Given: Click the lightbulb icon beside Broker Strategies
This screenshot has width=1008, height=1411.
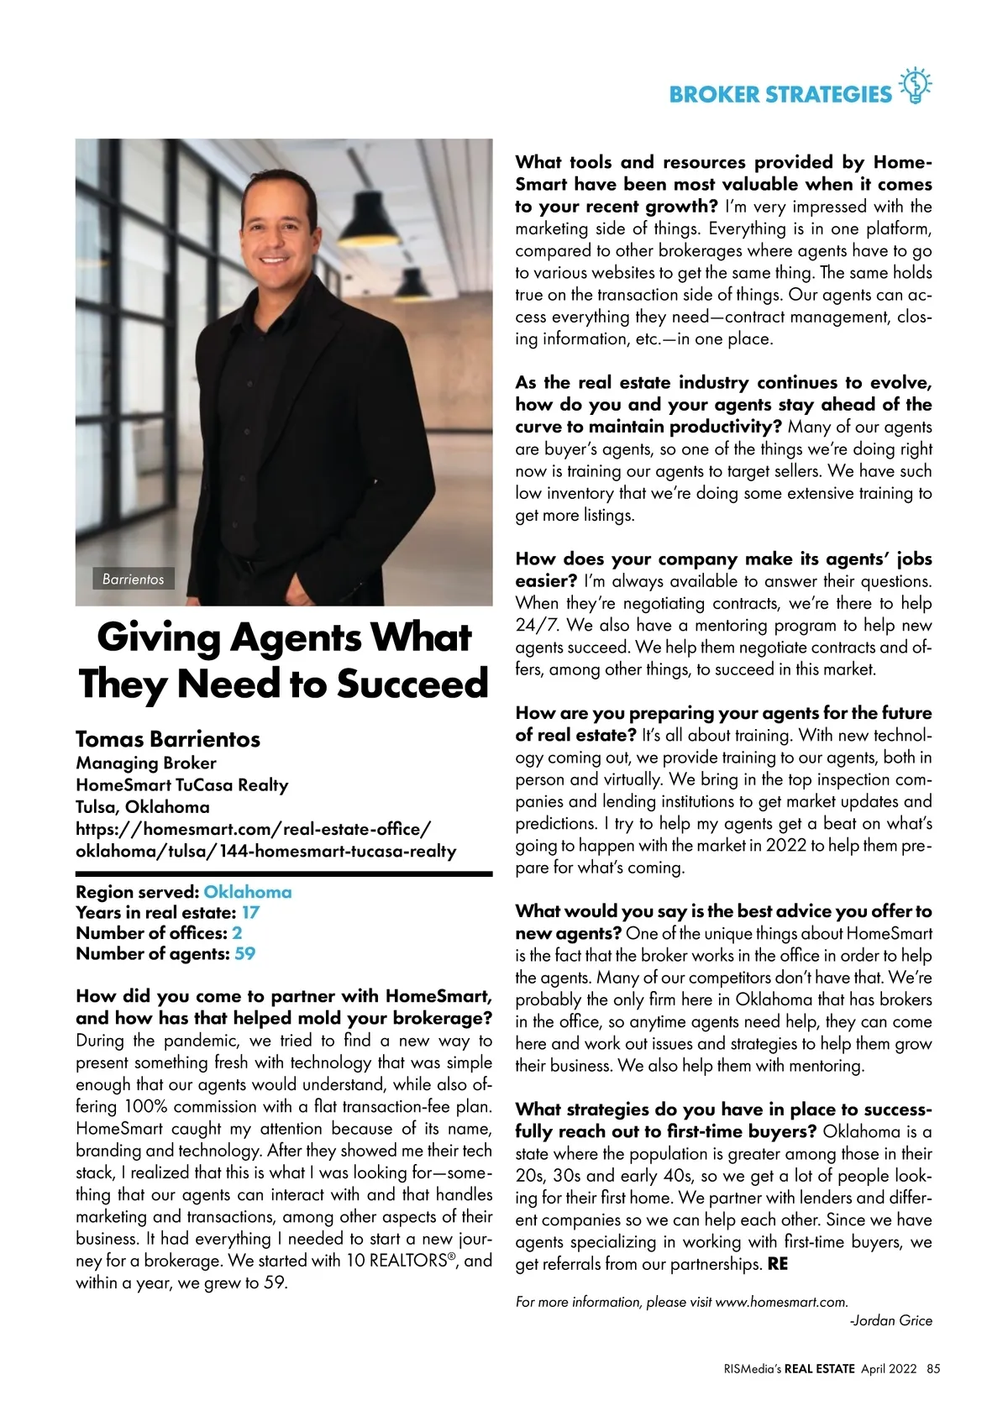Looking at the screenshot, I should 916,86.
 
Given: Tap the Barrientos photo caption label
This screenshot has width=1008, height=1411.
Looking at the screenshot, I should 133,579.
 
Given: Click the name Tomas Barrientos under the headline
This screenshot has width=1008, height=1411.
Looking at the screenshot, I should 168,739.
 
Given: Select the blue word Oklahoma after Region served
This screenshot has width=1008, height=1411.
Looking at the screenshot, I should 248,892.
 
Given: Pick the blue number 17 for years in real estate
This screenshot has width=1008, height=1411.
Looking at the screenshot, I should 250,912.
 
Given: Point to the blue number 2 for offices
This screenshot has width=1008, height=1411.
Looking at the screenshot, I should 237,933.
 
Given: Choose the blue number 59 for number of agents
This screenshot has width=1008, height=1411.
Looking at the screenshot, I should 245,953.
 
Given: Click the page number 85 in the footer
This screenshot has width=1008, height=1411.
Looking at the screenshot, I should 933,1368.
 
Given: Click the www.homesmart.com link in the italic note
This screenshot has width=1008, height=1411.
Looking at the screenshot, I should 780,1302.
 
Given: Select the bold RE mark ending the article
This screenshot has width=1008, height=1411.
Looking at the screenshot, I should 778,1264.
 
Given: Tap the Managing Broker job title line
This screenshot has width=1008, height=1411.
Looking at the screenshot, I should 146,763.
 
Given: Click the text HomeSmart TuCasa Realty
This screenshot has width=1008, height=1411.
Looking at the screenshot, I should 182,784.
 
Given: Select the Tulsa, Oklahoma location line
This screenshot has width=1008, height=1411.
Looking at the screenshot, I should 143,807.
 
